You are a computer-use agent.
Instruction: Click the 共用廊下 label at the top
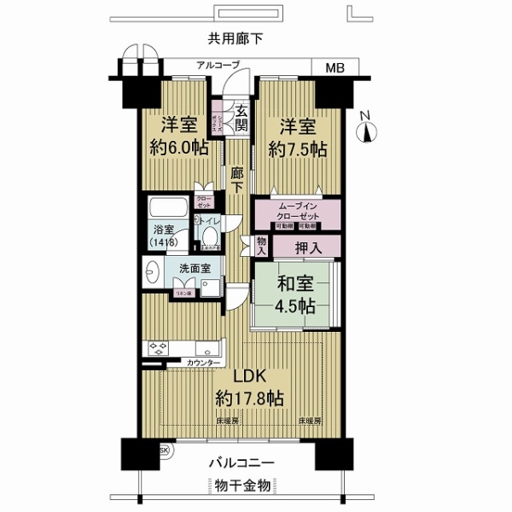click(x=233, y=38)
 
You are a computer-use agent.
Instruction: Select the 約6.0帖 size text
click(x=181, y=147)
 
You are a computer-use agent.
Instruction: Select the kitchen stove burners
click(x=159, y=348)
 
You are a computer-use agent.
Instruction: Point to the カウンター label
click(x=207, y=363)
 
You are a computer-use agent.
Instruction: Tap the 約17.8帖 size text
click(x=249, y=399)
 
